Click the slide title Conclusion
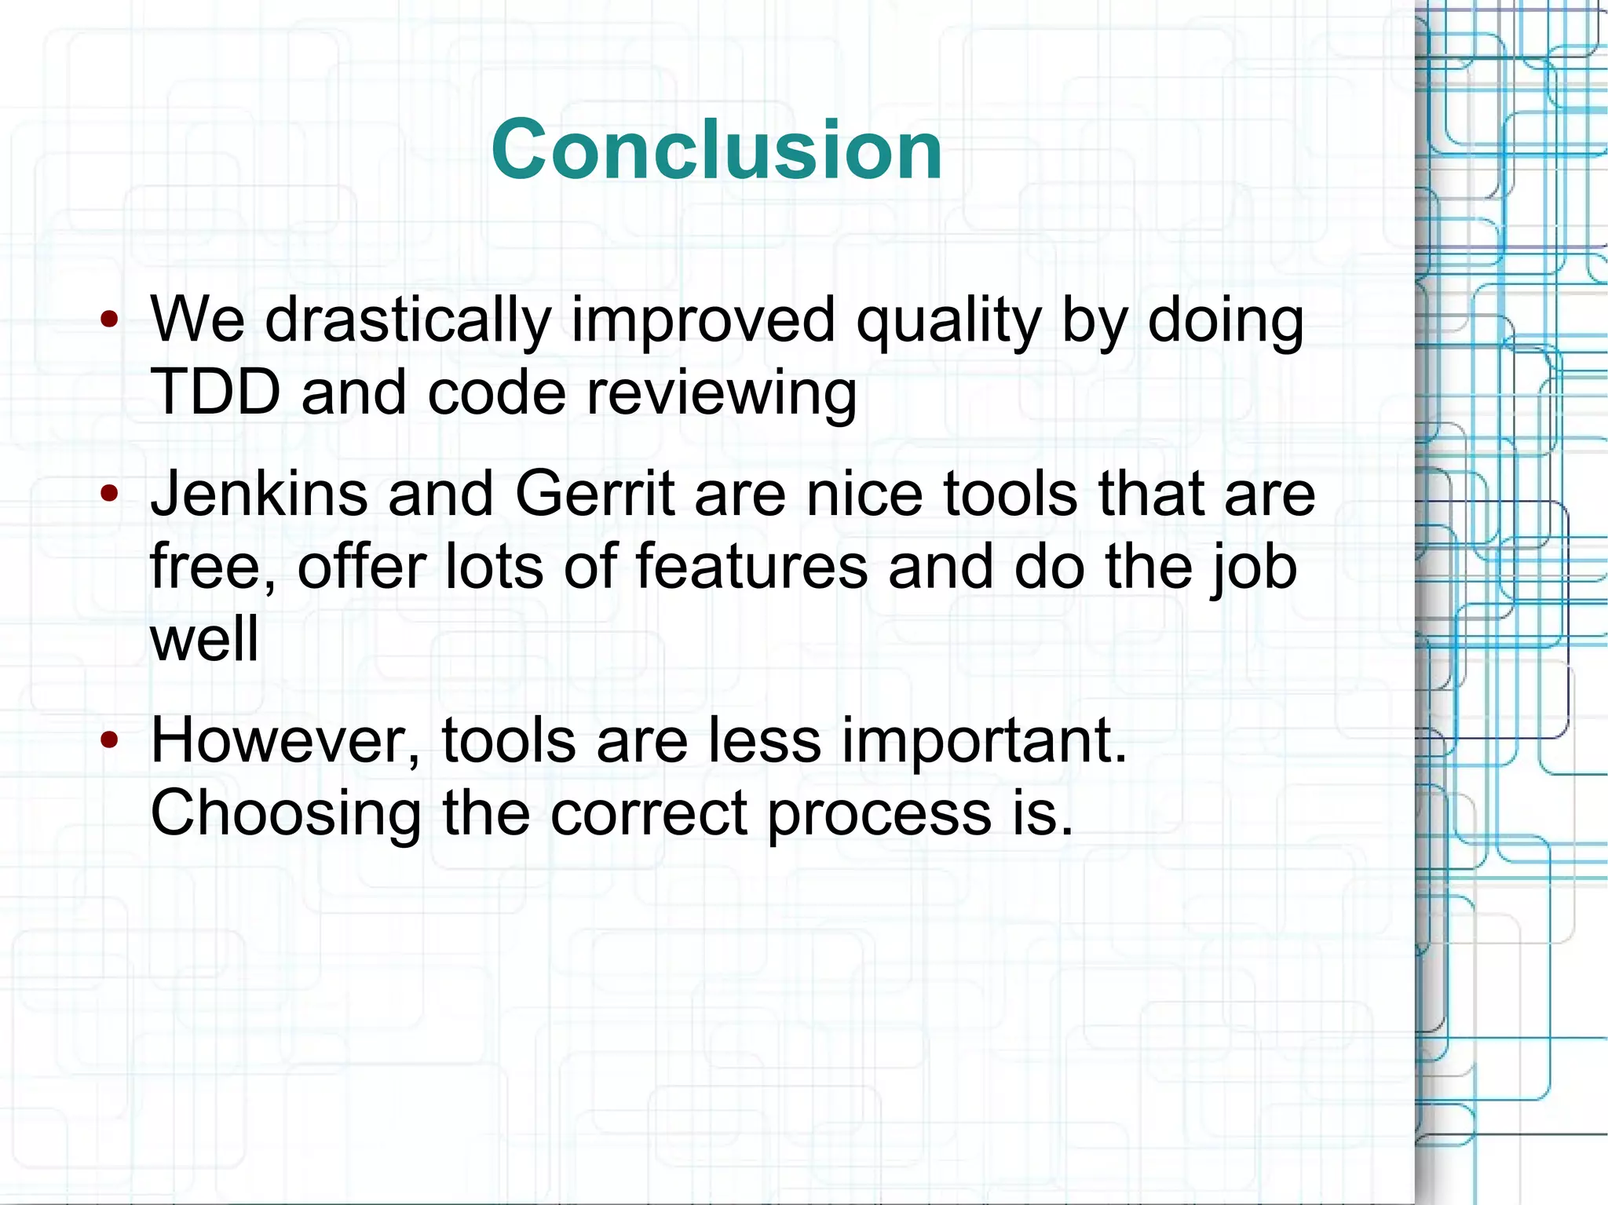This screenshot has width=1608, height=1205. point(716,149)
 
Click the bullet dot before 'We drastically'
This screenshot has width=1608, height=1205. point(109,320)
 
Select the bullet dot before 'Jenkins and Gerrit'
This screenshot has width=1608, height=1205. point(109,494)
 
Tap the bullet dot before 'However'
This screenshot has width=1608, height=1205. point(109,739)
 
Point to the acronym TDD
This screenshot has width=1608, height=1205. point(215,392)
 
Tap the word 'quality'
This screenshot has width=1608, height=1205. point(948,322)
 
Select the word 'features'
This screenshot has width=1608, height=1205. point(751,567)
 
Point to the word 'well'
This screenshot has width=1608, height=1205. point(204,638)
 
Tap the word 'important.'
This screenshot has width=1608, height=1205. point(985,743)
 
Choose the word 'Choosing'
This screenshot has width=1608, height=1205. point(286,815)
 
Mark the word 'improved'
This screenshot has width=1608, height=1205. point(703,322)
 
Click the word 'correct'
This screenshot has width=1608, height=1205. point(649,813)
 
